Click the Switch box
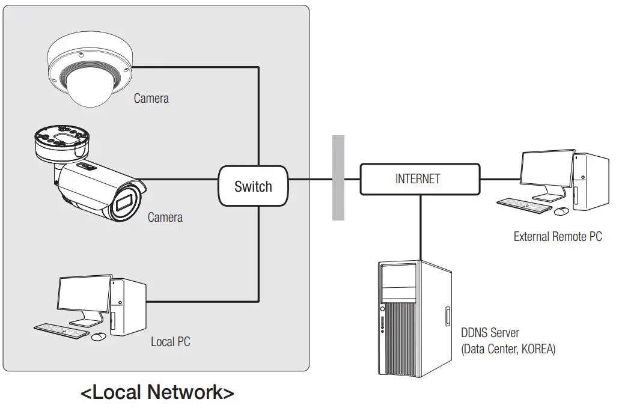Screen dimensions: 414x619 coord(253,186)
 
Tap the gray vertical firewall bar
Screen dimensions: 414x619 coord(338,178)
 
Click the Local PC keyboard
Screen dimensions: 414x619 coord(61,329)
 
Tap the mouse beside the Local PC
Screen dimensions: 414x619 coord(99,336)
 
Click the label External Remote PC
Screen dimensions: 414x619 coord(557,237)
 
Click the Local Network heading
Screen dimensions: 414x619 coord(157,393)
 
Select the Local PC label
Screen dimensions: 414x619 coord(171,342)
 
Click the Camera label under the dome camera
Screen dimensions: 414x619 coord(151,98)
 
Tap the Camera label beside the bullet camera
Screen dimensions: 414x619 coord(165,217)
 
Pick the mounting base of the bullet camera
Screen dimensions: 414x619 coord(60,141)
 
